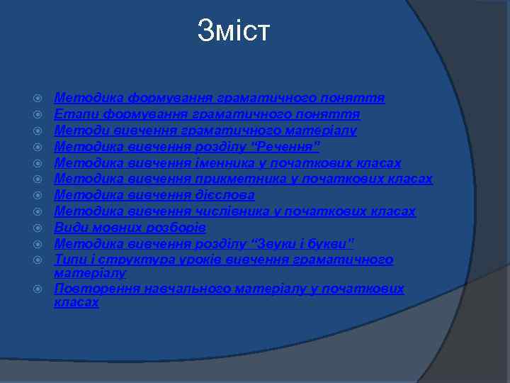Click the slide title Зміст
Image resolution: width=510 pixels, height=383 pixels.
point(234,31)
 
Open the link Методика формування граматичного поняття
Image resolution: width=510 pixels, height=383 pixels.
point(220,98)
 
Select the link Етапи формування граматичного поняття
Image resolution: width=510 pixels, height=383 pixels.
point(208,114)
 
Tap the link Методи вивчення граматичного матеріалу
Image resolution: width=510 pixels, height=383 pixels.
point(205,131)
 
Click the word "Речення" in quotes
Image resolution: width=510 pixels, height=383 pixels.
point(288,147)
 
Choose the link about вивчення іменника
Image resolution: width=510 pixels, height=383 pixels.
point(227,163)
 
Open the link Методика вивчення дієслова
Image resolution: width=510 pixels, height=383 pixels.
point(154,195)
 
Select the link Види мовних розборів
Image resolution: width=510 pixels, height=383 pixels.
point(130,228)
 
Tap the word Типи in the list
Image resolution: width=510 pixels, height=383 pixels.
point(70,260)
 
